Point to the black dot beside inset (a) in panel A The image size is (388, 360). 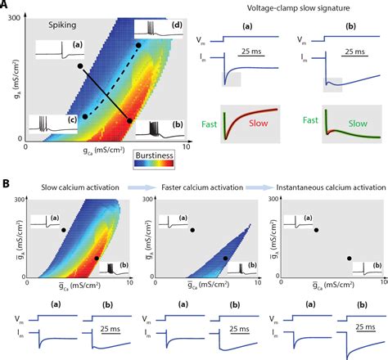click(79, 65)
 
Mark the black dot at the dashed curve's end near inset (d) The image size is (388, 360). click(139, 45)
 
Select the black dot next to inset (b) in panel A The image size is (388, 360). click(129, 121)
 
